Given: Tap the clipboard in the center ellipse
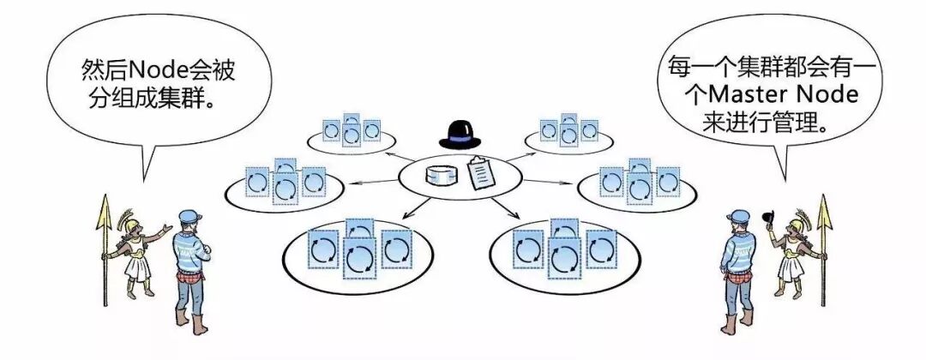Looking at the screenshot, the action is click(481, 175).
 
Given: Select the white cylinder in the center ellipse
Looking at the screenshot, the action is click(442, 176).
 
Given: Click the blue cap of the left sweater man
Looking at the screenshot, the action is click(191, 215).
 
